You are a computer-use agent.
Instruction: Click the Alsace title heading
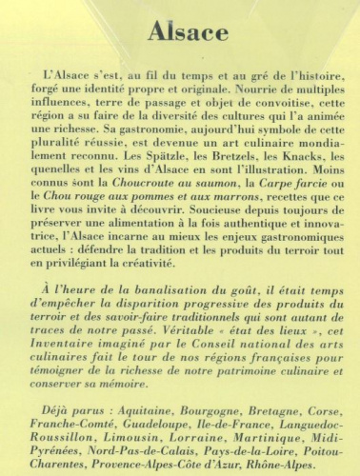click(180, 30)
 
